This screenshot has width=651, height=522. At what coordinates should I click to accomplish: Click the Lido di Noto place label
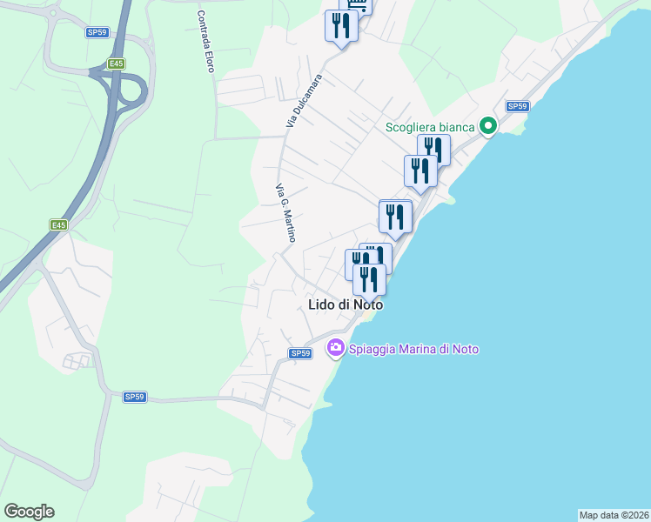click(346, 305)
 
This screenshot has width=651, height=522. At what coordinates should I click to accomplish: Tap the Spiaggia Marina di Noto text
click(413, 349)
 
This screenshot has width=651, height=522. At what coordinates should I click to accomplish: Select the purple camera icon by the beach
click(335, 348)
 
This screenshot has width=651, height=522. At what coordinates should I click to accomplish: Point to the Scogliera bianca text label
click(431, 128)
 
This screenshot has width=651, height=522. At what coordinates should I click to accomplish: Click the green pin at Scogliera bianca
click(488, 127)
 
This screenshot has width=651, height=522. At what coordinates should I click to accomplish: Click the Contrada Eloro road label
click(205, 41)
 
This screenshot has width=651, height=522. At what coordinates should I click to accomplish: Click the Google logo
click(29, 512)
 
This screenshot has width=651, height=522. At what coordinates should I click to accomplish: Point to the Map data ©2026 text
click(614, 514)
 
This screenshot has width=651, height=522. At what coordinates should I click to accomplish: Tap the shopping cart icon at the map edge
click(357, 3)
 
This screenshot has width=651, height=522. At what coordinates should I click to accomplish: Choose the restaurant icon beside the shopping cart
click(340, 26)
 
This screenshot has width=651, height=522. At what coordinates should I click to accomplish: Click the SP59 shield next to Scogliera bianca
click(517, 106)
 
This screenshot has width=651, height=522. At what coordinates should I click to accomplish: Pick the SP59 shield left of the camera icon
click(300, 353)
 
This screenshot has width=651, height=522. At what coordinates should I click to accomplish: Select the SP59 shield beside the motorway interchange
click(97, 32)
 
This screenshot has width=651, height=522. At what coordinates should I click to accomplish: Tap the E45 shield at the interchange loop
click(116, 64)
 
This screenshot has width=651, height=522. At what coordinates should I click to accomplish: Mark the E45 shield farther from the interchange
click(58, 225)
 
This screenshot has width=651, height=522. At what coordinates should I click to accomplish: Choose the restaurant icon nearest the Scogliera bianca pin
click(433, 150)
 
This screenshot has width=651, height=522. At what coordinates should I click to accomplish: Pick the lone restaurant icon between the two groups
click(396, 217)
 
